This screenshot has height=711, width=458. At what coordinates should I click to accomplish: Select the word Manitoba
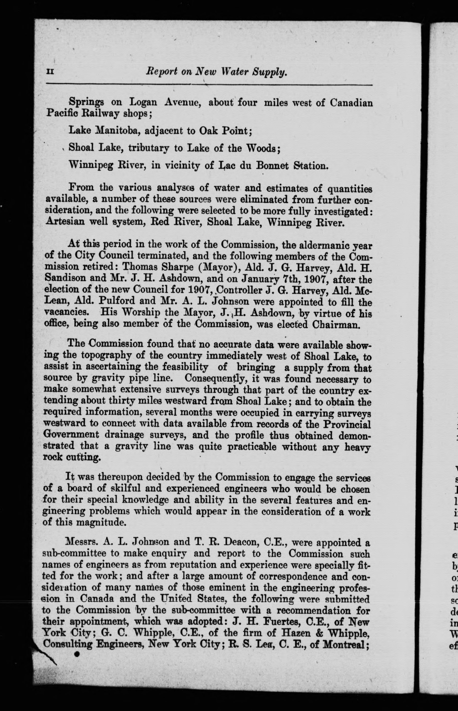[116, 131]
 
